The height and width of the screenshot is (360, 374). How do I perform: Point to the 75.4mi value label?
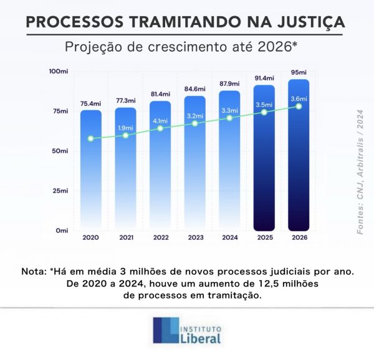91,103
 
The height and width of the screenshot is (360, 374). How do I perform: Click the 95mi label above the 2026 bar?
299,72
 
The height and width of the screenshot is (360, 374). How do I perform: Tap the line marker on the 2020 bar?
91,138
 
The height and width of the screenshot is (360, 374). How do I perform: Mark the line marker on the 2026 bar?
299,107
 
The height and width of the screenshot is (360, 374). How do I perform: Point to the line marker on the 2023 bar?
195,123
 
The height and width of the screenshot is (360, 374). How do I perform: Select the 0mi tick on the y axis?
61,230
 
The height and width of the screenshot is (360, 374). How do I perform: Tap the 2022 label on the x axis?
160,237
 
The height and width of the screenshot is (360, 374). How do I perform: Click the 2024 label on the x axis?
230,237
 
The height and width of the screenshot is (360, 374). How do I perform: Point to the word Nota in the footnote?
32,272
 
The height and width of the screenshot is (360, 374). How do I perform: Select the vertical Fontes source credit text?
360,180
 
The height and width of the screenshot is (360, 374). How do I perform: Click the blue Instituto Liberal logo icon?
165,330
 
